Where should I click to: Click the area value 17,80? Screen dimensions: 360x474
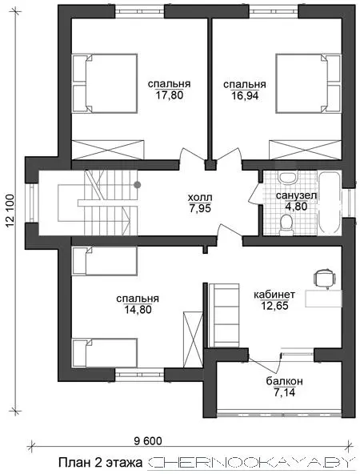[170, 95]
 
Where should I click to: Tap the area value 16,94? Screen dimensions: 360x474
[245, 95]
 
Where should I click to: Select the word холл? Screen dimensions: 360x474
[200, 198]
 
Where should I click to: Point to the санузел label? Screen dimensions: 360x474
[296, 195]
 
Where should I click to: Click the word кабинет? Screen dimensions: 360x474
[274, 294]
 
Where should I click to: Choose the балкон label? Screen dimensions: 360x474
[284, 381]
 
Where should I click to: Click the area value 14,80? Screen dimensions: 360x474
[138, 310]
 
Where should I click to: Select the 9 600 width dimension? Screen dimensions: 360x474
[148, 441]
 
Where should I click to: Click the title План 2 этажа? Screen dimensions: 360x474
[100, 463]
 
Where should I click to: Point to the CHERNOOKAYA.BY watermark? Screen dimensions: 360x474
[250, 463]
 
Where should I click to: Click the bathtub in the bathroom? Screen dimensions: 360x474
[330, 203]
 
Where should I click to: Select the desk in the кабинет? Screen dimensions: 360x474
[323, 299]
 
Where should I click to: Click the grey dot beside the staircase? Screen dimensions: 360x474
[138, 184]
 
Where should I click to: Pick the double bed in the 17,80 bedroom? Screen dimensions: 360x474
[105, 83]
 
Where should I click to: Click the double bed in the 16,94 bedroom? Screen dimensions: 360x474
[308, 84]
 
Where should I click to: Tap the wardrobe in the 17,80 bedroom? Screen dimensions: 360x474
[108, 150]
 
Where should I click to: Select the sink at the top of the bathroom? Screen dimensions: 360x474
[288, 177]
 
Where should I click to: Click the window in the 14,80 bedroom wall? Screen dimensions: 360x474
[139, 375]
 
